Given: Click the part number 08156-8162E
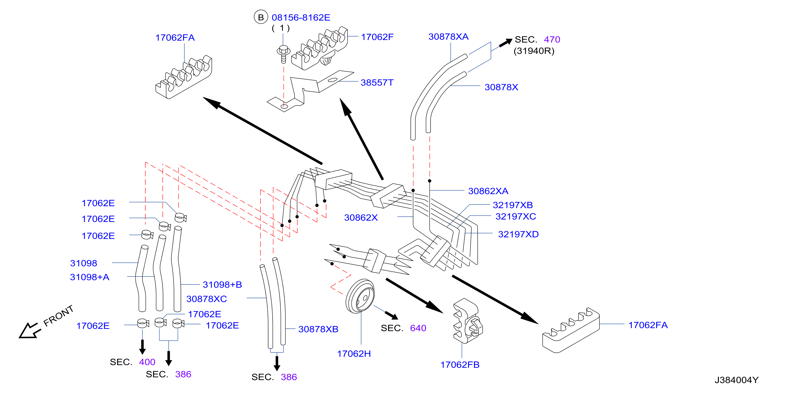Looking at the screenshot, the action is (x=301, y=17).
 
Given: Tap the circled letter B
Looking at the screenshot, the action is (x=261, y=17).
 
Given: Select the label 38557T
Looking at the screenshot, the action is (x=377, y=82).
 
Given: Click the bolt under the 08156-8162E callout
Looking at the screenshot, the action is (x=284, y=54).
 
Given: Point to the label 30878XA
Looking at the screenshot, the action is (x=448, y=37).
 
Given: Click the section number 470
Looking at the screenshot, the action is (x=552, y=39).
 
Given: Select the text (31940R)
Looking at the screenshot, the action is (x=534, y=51).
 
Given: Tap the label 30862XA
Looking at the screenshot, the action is (x=488, y=191).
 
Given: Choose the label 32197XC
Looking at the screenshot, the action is (x=516, y=216).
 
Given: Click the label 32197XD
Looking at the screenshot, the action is (x=518, y=234).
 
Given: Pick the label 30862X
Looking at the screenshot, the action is (x=361, y=218).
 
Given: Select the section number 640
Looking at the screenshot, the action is (x=418, y=328).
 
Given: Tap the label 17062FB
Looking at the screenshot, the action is (x=460, y=365).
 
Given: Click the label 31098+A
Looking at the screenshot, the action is (x=90, y=277).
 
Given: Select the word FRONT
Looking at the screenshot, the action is (x=59, y=316).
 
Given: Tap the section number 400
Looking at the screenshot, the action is (x=147, y=362).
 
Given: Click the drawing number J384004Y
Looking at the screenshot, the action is (x=737, y=380).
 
